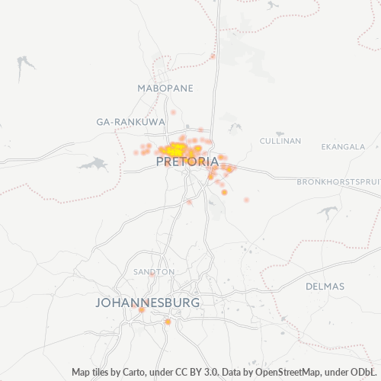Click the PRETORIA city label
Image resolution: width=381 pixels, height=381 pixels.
pos(187,162)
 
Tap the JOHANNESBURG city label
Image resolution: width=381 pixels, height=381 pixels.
pos(148,303)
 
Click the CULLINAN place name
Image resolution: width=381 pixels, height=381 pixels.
pos(280,141)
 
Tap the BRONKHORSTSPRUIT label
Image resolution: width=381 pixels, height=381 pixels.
pos(338,181)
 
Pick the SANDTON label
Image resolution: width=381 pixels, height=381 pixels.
pos(154,271)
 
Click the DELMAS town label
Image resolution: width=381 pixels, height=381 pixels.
pos(325,287)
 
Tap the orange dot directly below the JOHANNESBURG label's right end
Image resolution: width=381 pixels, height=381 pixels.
pos(168,322)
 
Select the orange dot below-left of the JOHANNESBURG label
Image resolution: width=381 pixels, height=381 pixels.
pos(142,310)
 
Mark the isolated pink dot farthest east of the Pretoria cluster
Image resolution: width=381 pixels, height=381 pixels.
pos(246,200)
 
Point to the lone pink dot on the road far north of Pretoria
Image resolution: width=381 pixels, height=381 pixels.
pos(213,56)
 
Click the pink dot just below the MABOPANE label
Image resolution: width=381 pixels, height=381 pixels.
pos(173,113)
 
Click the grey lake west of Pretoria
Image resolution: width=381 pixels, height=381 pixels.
pos(91,164)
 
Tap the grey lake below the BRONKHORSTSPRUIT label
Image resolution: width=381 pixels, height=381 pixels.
pos(328,213)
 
